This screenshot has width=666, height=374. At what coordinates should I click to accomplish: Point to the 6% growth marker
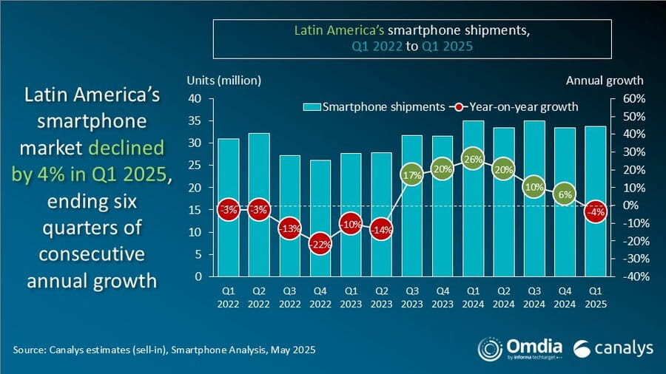tap(564, 194)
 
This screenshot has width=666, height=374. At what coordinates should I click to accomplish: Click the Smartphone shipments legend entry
tap(373, 107)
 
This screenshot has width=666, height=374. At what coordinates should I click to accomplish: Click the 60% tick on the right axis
tap(636, 99)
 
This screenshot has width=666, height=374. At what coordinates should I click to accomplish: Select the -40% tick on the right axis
tap(634, 277)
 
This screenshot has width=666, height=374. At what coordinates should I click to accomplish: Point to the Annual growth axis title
tap(605, 81)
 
